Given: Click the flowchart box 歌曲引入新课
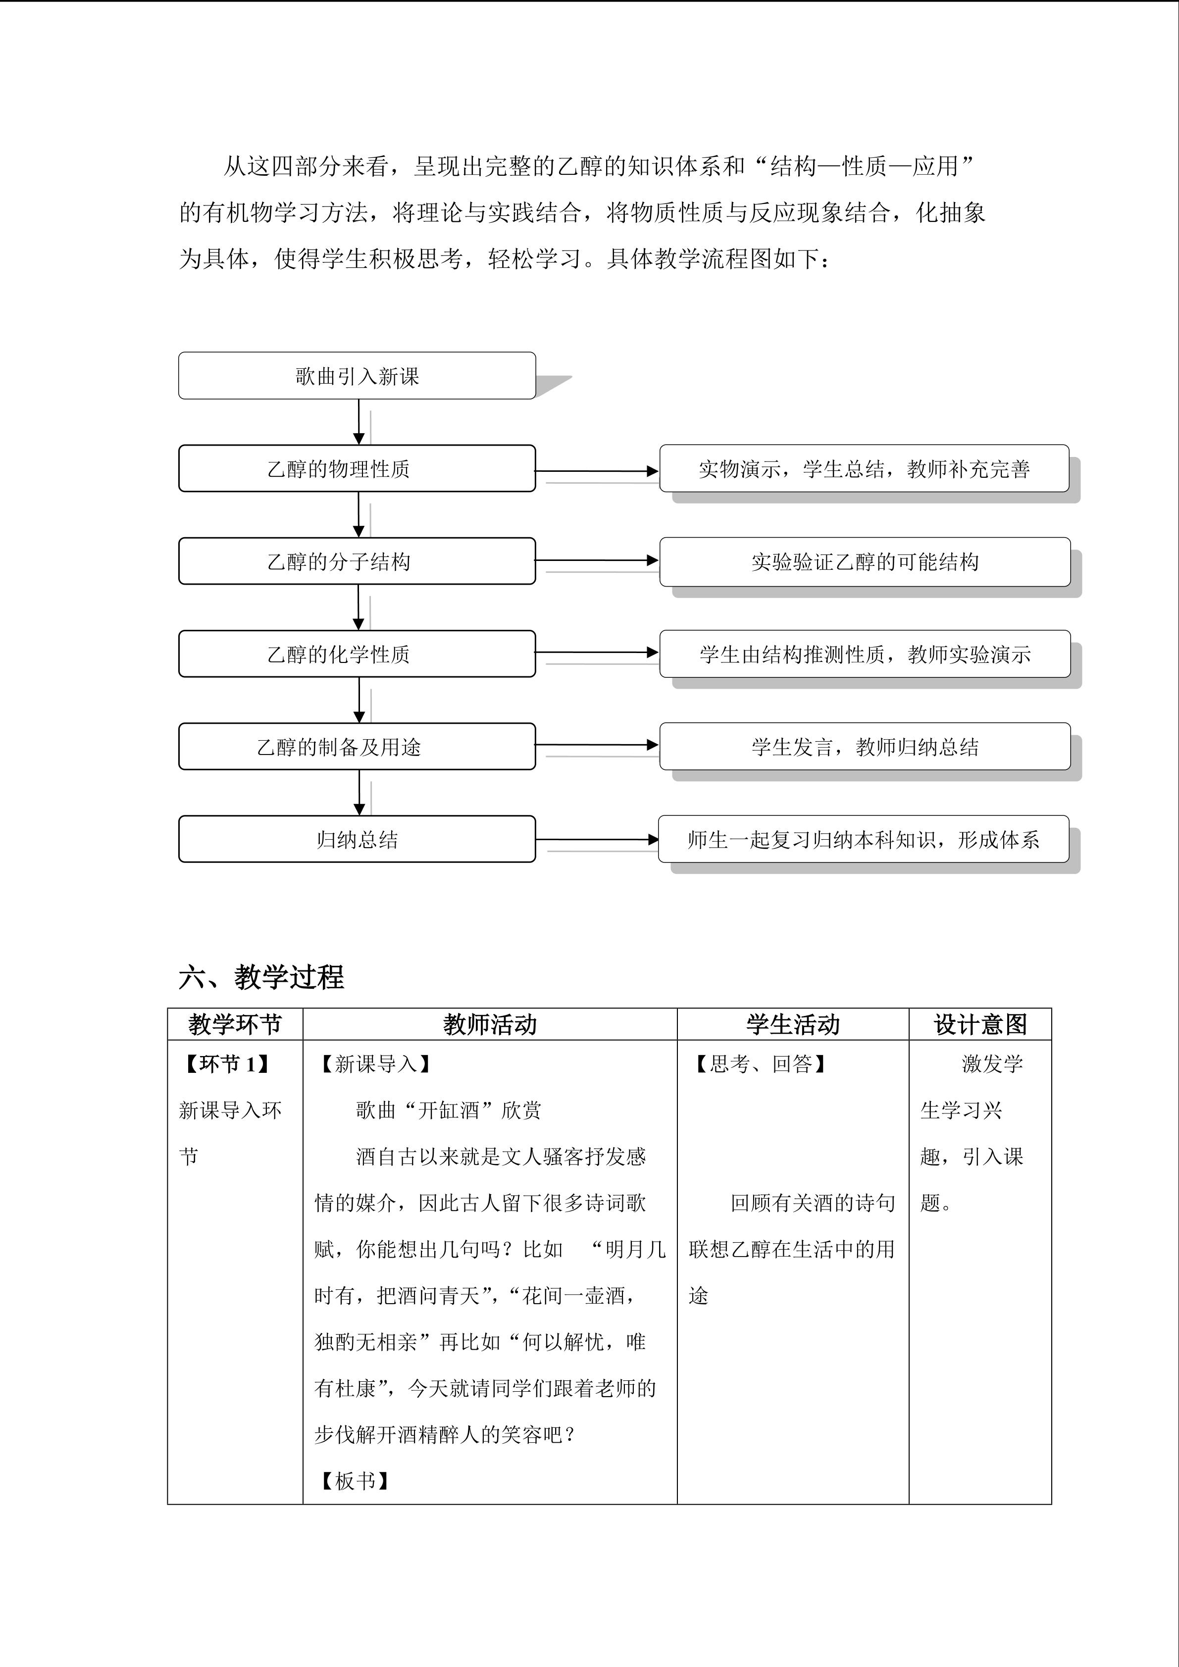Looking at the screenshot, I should (x=357, y=376).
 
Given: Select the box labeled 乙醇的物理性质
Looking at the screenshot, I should (x=357, y=469).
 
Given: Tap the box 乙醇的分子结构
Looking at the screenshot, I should (x=357, y=561).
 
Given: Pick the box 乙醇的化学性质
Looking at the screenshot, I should (x=357, y=654).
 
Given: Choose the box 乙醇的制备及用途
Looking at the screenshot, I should (x=357, y=747).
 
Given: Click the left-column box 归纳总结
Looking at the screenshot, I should (x=357, y=839).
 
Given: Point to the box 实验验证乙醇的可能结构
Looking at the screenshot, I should (x=864, y=562).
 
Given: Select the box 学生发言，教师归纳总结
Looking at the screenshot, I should (x=864, y=747).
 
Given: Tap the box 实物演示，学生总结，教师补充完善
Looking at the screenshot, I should (x=864, y=469).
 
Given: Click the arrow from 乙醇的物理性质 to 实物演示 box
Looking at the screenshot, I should (x=597, y=471).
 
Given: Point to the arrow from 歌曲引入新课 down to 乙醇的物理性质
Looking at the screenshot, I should (x=359, y=422).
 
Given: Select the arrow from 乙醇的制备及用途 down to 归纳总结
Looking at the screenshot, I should (x=359, y=792).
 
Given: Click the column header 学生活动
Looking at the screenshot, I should (x=792, y=1024).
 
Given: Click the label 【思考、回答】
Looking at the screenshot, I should (x=760, y=1064).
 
